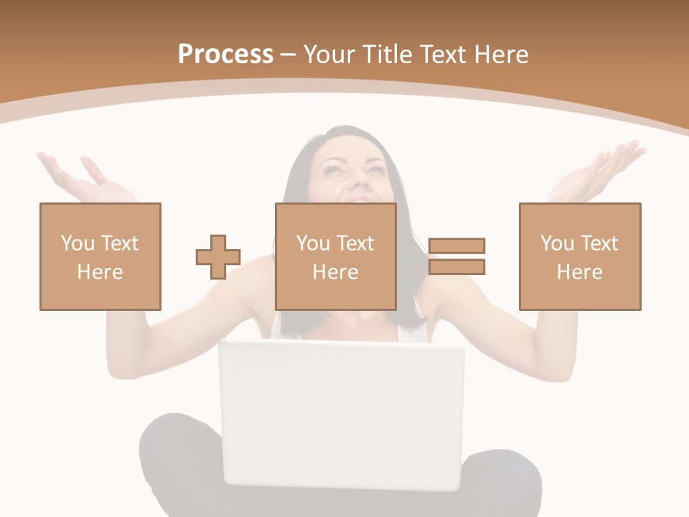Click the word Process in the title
click(x=225, y=55)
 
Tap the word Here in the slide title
click(x=500, y=55)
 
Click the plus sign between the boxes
click(x=218, y=256)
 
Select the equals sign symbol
click(x=456, y=256)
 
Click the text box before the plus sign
click(x=100, y=256)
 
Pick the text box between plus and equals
click(x=336, y=256)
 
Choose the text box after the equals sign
click(x=580, y=256)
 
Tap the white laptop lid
click(x=342, y=413)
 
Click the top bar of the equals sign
click(x=456, y=246)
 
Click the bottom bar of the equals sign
click(x=456, y=267)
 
